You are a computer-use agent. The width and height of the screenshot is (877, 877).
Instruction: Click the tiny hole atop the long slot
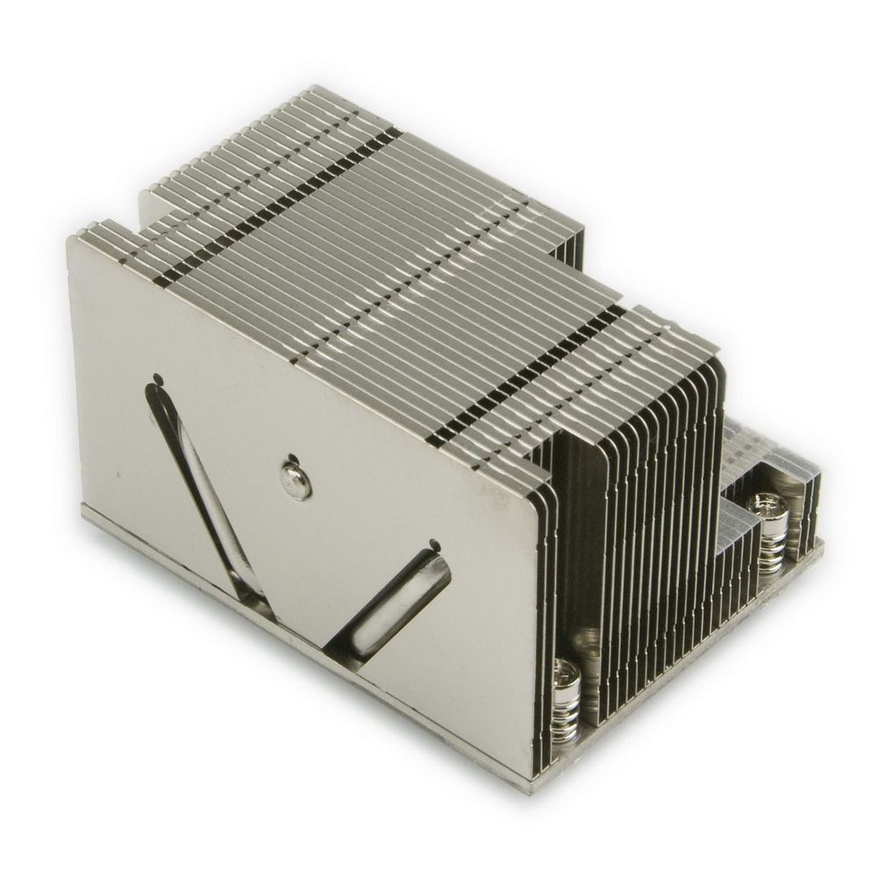point(157,380)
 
